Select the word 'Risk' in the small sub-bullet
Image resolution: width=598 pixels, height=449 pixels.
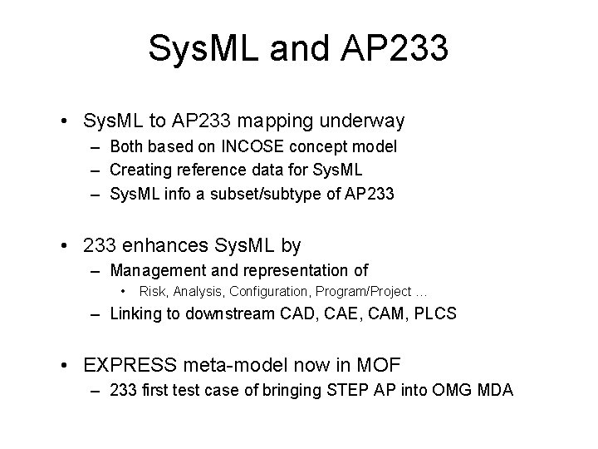pyautogui.click(x=152, y=291)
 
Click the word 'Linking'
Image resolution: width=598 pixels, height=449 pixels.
pyautogui.click(x=136, y=314)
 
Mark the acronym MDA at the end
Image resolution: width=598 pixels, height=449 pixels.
pyautogui.click(x=495, y=390)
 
